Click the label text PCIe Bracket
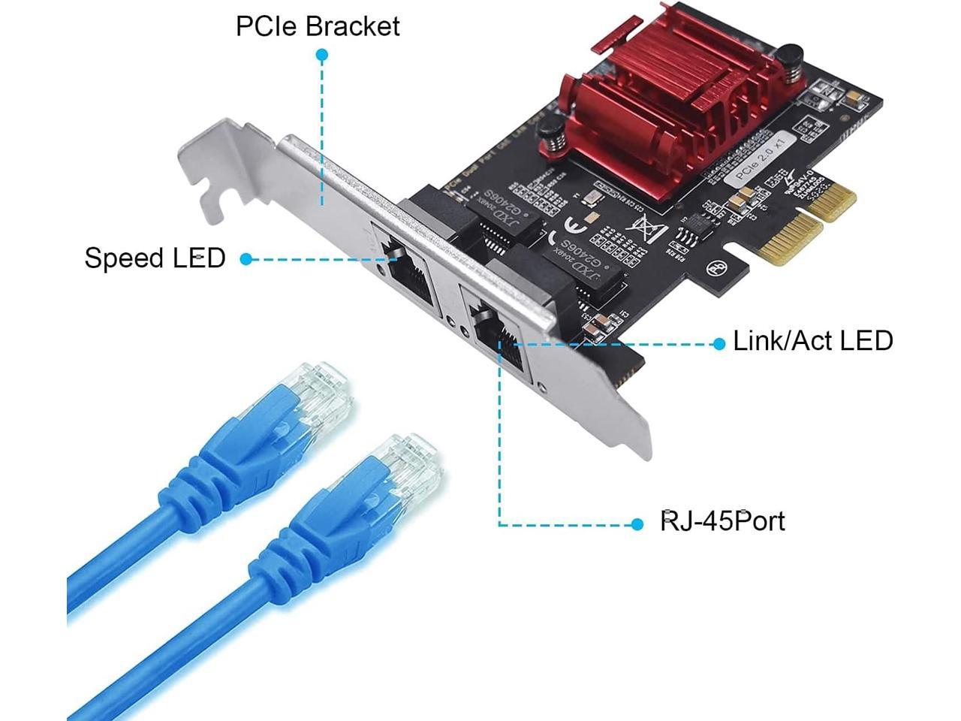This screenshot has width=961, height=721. (x=318, y=26)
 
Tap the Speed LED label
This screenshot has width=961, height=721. (x=155, y=258)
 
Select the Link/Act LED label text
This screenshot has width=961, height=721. (x=813, y=341)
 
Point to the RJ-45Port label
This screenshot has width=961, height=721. (x=722, y=520)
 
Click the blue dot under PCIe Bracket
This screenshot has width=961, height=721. (x=322, y=55)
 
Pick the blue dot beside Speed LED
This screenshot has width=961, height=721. (x=246, y=259)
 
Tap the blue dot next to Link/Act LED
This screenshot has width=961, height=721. (x=718, y=343)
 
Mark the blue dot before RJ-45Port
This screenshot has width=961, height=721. (x=637, y=523)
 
